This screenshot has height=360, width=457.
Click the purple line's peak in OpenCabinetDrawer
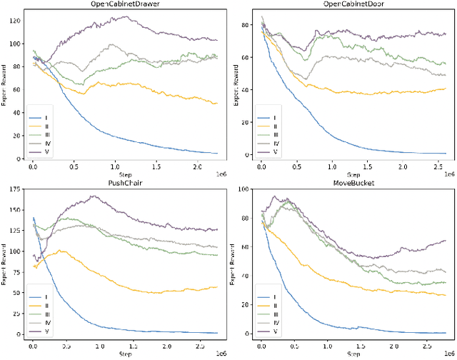click(129, 17)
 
